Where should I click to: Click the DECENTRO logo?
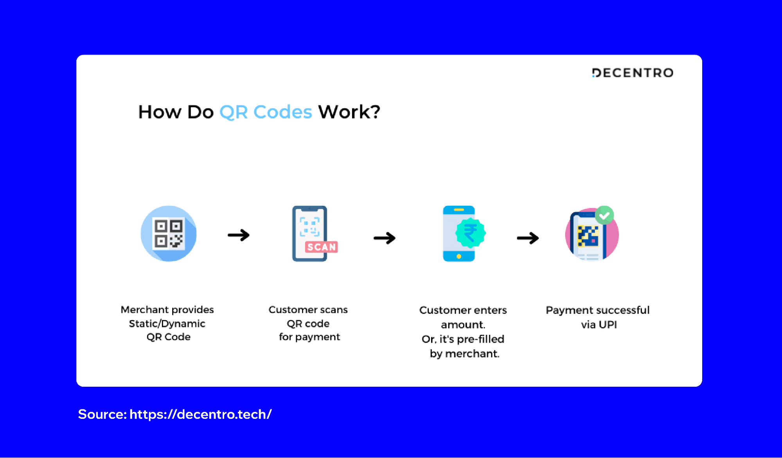633,73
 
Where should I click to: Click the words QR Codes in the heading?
266,112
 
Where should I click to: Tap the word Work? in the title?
349,112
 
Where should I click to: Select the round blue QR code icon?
169,233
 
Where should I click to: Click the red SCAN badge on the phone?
321,247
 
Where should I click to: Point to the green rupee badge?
470,233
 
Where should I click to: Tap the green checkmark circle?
604,215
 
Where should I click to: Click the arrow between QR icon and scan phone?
239,235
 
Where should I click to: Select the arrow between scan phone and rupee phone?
385,238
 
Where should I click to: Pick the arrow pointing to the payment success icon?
528,238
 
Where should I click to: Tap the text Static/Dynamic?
167,323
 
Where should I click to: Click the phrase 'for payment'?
309,337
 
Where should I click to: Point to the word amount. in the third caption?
463,325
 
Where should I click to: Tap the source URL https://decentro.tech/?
200,414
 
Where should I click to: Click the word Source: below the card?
102,414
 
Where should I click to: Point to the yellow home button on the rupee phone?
459,257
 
